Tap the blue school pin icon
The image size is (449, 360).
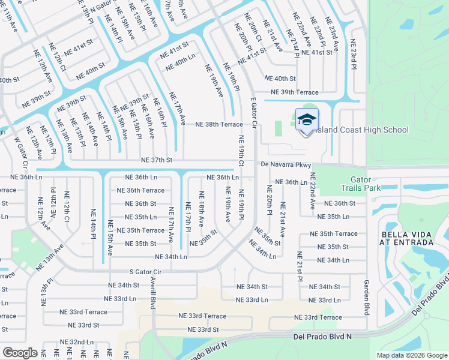pyautogui.click(x=307, y=121)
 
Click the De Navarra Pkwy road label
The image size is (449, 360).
pyautogui.click(x=285, y=164)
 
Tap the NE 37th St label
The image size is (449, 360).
pyautogui.click(x=157, y=160)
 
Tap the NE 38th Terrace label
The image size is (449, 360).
pyautogui.click(x=219, y=124)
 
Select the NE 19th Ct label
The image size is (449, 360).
pyautogui.click(x=240, y=154)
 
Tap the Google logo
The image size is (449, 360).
pyautogui.click(x=20, y=353)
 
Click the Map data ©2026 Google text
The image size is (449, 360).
pyautogui.click(x=411, y=355)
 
